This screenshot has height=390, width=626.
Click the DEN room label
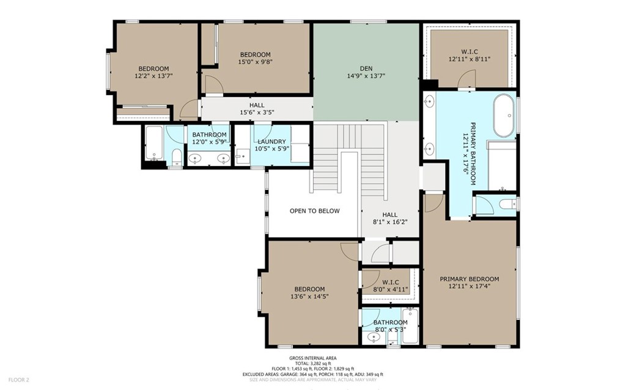pyautogui.click(x=366, y=68)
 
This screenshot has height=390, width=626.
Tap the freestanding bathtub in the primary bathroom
pyautogui.click(x=504, y=115)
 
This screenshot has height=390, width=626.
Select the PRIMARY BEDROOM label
pyautogui.click(x=469, y=279)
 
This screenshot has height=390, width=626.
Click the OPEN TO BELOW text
pyautogui.click(x=315, y=211)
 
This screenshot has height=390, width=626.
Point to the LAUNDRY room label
pyautogui.click(x=271, y=142)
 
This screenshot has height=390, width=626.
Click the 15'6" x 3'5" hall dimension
pyautogui.click(x=257, y=112)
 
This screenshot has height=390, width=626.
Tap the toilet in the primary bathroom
pyautogui.click(x=507, y=204)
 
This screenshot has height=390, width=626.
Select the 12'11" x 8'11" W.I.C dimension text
pyautogui.click(x=469, y=59)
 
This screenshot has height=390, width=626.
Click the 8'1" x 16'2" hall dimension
pyautogui.click(x=389, y=222)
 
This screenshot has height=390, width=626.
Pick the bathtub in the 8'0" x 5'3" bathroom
pyautogui.click(x=410, y=325)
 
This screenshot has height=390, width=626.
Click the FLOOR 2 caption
pyautogui.click(x=19, y=380)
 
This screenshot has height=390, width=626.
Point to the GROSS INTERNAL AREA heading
pyautogui.click(x=313, y=358)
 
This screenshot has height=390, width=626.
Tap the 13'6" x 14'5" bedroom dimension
pyautogui.click(x=309, y=296)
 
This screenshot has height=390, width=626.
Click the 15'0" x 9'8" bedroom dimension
pyautogui.click(x=255, y=62)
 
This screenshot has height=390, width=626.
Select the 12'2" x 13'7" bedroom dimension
pyautogui.click(x=153, y=75)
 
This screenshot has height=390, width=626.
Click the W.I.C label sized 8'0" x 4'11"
pyautogui.click(x=391, y=283)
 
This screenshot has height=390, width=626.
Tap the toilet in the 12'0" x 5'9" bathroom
pyautogui.click(x=176, y=157)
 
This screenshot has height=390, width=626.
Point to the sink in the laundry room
pyautogui.click(x=242, y=156)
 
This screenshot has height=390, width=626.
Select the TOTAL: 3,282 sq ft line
pyautogui.click(x=313, y=364)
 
